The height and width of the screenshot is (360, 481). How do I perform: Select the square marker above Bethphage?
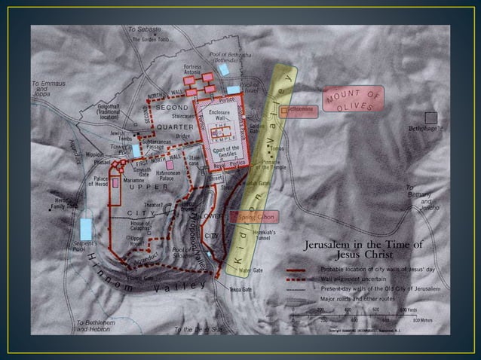point(430,117)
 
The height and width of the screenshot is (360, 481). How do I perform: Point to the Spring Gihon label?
point(257,216)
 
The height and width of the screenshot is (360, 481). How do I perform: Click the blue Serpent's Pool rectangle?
point(87,227)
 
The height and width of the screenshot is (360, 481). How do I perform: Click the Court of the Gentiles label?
point(219,150)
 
